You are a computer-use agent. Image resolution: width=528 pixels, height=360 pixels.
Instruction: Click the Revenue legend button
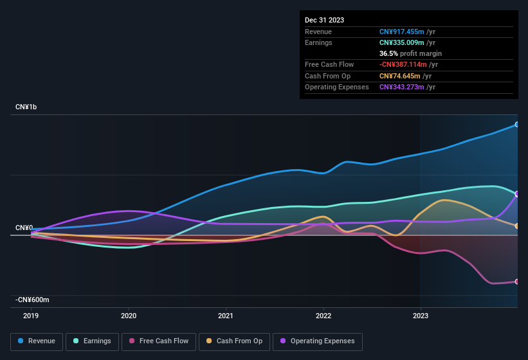click(37, 341)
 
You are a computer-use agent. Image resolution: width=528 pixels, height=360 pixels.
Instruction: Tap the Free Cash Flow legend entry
click(159, 341)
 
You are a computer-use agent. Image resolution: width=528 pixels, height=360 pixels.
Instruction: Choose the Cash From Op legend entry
click(233, 341)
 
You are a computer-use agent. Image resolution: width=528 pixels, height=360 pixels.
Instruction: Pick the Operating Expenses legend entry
click(318, 341)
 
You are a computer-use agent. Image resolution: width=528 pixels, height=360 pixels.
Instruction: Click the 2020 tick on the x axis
click(129, 316)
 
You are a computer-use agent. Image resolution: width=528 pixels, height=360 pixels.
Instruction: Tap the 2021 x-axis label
click(226, 316)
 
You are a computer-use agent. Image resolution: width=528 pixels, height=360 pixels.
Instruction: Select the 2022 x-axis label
click(323, 316)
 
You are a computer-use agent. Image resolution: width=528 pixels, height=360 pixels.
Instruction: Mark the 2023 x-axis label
click(420, 316)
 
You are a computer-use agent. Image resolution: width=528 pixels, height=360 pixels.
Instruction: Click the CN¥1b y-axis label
click(26, 107)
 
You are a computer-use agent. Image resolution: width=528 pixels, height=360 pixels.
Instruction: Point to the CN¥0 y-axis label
click(24, 228)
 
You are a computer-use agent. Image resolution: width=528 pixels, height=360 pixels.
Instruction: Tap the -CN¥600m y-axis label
click(33, 300)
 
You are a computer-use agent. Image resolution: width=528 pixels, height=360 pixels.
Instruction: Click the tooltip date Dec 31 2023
click(324, 20)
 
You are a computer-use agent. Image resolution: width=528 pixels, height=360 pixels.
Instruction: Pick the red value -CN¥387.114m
click(403, 65)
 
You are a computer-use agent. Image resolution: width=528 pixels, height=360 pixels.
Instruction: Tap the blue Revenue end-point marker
click(517, 124)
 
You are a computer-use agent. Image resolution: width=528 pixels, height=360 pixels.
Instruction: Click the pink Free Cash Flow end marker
click(517, 282)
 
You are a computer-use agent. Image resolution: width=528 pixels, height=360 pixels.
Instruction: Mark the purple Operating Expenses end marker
click(517, 194)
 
